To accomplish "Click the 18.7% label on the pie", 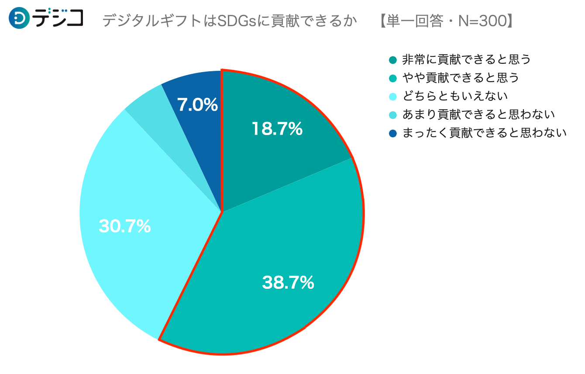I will (277, 129).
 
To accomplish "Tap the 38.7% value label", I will (288, 283).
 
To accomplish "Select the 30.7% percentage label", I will (125, 226).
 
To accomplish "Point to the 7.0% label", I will (197, 105).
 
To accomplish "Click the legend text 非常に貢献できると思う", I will (466, 59).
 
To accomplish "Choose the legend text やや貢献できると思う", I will (461, 78).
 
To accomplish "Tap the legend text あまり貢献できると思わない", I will (478, 114).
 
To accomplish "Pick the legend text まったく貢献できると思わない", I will (484, 133).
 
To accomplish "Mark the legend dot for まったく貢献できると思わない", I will (392, 133).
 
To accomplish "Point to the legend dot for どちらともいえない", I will (392, 97).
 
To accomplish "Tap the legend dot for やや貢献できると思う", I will (392, 78).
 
